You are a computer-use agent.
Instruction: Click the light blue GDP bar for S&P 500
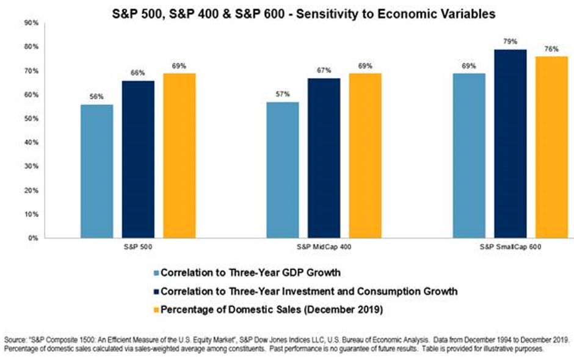97,171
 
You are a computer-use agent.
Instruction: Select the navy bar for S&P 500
138,159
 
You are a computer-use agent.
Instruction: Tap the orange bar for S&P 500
180,156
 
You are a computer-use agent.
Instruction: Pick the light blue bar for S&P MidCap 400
283,170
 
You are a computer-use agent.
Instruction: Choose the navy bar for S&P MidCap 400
324,158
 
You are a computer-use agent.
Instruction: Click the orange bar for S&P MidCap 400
365,156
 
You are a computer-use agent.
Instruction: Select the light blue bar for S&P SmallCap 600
468,156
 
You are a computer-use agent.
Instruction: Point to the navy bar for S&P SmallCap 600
510,144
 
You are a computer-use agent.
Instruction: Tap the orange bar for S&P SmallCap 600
551,147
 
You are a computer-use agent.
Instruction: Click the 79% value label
510,41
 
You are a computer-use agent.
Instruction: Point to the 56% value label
97,96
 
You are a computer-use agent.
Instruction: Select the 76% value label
551,49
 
